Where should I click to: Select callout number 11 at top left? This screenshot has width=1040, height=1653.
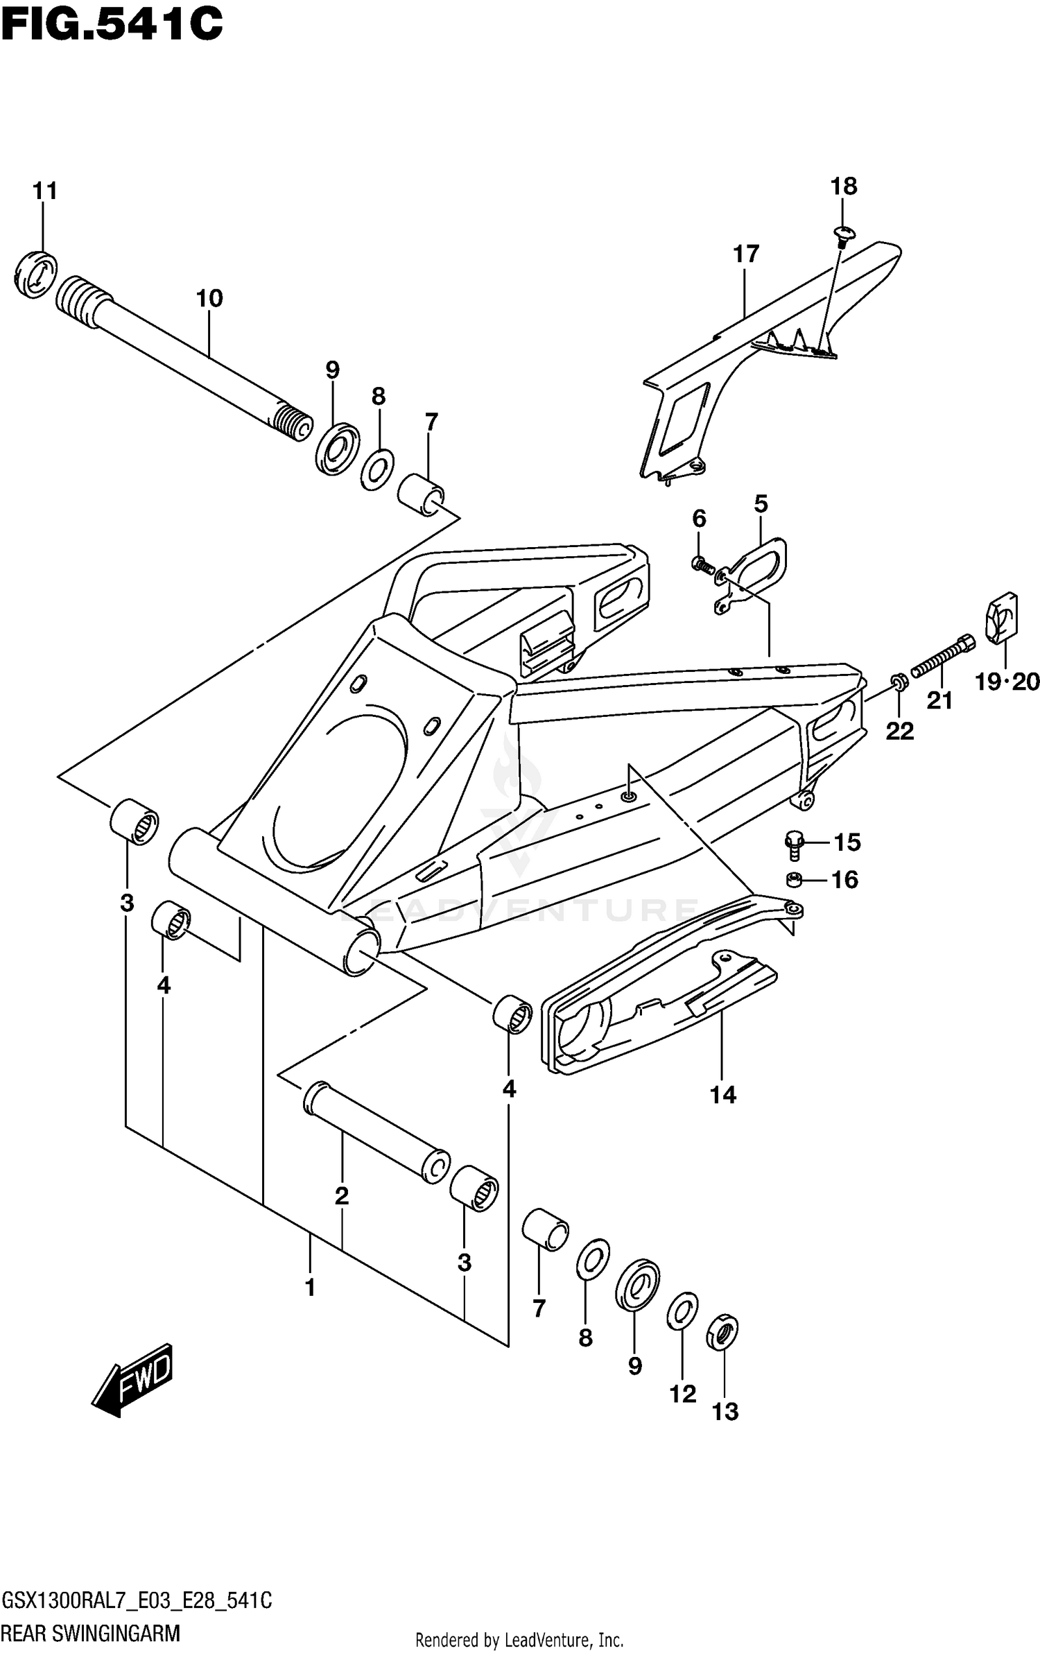tap(45, 191)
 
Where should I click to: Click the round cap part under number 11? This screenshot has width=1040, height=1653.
tap(35, 275)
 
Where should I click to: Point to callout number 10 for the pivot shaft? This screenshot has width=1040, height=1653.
tap(209, 299)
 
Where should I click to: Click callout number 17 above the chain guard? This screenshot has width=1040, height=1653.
tap(746, 254)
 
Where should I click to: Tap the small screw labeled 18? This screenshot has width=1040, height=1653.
tap(843, 234)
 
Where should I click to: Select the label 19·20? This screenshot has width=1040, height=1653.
tap(1007, 682)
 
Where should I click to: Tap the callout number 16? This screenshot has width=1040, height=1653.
tap(844, 880)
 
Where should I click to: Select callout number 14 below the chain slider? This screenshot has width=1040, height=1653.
tap(722, 1095)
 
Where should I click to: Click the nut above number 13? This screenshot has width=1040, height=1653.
tap(721, 1332)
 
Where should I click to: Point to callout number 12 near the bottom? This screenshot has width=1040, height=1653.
tap(682, 1394)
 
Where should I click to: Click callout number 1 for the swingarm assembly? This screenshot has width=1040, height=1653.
tap(310, 1288)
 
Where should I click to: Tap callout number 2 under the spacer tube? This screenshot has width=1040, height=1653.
tap(341, 1196)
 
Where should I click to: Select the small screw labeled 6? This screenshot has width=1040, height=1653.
tap(702, 565)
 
